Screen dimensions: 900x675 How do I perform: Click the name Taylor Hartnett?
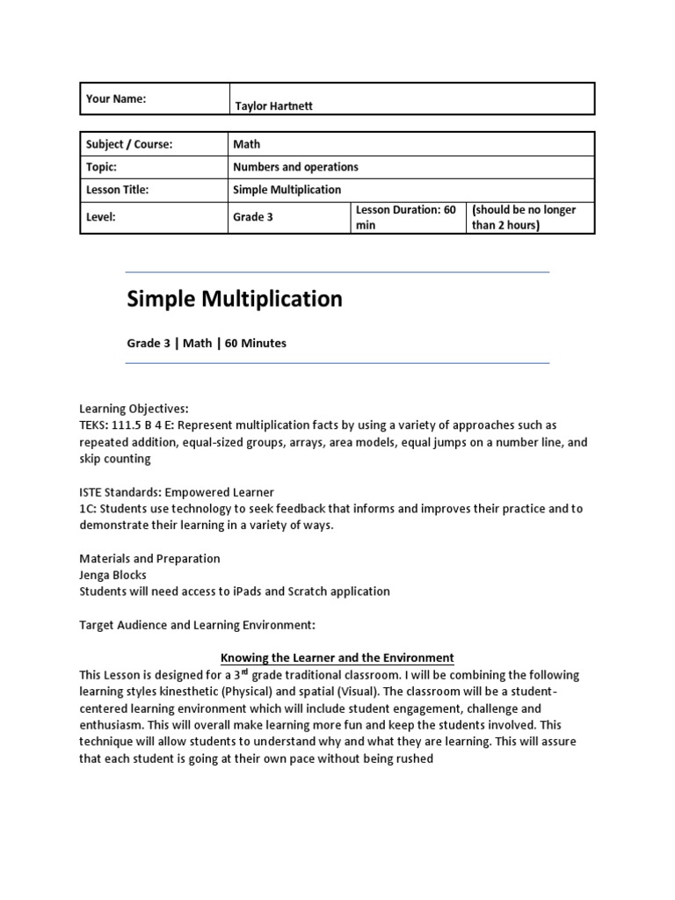(x=273, y=105)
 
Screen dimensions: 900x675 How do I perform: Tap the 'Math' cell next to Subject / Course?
(x=247, y=144)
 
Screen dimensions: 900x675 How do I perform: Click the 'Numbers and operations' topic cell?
(x=295, y=167)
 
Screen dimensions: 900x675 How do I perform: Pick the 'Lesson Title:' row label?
(x=118, y=189)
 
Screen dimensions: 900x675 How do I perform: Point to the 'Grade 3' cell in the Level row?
(x=252, y=217)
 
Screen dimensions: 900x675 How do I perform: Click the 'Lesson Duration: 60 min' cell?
(x=405, y=217)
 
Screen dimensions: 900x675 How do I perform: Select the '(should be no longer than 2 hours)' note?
(x=524, y=217)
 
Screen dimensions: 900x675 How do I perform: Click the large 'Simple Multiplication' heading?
(x=235, y=299)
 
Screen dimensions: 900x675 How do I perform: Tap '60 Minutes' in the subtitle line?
(x=256, y=343)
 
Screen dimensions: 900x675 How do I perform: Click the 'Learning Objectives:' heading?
(x=134, y=410)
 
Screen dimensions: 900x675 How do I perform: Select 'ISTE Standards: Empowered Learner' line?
(x=177, y=492)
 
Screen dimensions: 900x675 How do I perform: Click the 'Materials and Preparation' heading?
(x=150, y=558)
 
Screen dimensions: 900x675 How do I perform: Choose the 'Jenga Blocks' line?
(x=114, y=575)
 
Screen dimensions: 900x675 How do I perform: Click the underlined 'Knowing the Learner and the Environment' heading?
(x=337, y=657)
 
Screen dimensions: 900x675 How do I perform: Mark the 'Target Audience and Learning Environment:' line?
(x=197, y=625)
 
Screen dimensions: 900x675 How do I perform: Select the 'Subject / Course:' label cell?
(x=129, y=144)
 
